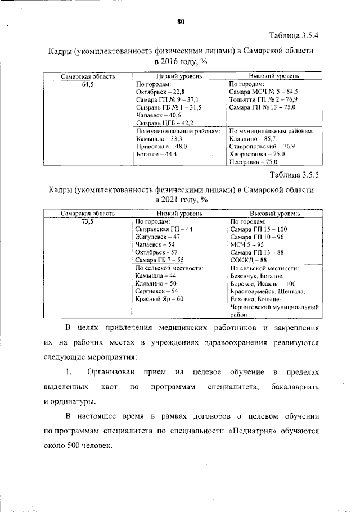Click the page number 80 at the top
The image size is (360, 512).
coord(181,22)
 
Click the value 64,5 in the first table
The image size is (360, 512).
coord(88,84)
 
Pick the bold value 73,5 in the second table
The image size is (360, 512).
coord(88,222)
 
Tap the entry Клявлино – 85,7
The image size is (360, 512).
coord(253,138)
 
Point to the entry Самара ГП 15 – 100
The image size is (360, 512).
coord(259,229)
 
